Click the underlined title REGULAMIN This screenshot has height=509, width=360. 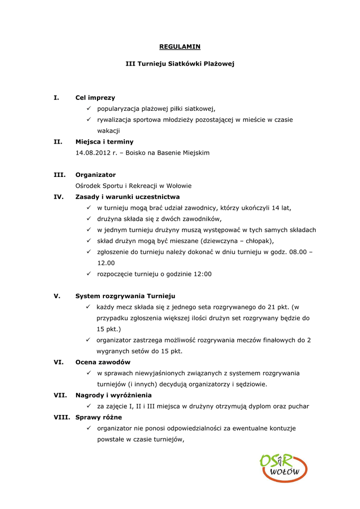click(x=180, y=47)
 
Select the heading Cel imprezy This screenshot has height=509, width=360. click(x=95, y=98)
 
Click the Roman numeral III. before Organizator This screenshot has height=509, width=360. click(x=59, y=175)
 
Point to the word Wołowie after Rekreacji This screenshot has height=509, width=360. click(x=180, y=186)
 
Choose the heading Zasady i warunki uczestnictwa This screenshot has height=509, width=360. click(x=127, y=197)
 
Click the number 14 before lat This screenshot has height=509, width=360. click(x=276, y=208)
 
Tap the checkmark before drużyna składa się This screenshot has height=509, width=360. click(x=88, y=219)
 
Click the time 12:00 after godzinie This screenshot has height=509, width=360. click(x=202, y=274)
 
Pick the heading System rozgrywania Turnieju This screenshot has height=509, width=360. click(x=125, y=296)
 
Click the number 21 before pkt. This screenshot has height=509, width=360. click(x=271, y=307)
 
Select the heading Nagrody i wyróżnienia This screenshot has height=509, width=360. click(x=113, y=395)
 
